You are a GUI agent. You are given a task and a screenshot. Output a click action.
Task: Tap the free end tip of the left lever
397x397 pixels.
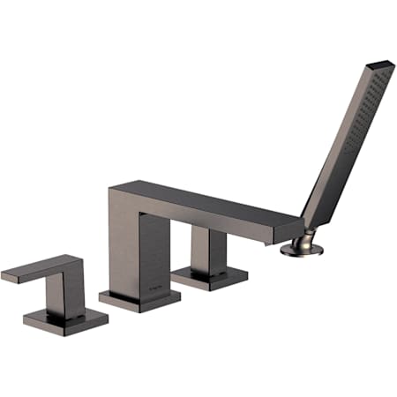point(7,277)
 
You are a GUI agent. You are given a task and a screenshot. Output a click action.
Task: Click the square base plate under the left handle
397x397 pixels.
point(66,318)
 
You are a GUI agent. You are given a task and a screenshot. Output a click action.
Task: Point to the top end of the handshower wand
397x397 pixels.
point(378,67)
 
